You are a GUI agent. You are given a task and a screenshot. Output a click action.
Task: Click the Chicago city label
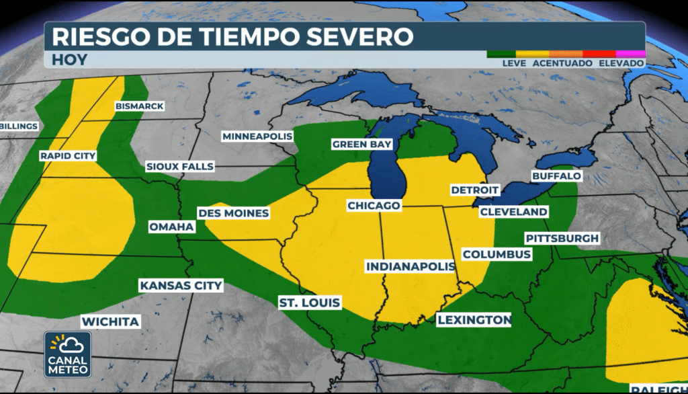(x=374, y=204)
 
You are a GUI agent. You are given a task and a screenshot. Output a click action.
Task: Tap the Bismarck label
(x=139, y=106)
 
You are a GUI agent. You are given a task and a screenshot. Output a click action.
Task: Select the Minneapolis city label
(x=258, y=136)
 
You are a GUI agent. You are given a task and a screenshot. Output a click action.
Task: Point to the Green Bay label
(x=358, y=145)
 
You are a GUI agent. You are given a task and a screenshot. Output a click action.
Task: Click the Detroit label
(x=475, y=190)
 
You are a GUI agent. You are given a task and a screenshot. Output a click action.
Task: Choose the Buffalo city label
(x=556, y=176)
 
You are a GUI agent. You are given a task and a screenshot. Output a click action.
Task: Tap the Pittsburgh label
(x=562, y=239)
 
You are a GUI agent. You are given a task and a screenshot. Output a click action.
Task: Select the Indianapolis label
(x=411, y=267)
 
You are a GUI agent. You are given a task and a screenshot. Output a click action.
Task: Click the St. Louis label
(x=310, y=303)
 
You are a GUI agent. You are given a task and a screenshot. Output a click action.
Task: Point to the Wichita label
(x=110, y=321)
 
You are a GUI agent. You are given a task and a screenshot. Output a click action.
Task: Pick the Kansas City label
(x=181, y=286)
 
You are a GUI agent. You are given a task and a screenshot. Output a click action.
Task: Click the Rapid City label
(x=68, y=156)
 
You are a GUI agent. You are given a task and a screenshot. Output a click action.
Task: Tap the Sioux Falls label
(x=179, y=166)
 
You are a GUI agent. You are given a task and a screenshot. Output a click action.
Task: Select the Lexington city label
(x=474, y=319)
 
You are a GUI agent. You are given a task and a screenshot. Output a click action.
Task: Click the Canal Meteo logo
(x=68, y=354)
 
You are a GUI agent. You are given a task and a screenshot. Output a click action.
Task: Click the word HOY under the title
(x=69, y=59)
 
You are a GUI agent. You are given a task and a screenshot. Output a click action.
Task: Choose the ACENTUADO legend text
(x=562, y=63)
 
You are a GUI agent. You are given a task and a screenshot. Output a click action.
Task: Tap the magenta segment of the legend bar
(x=631, y=53)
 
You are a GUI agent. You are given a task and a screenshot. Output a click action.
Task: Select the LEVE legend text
(x=514, y=63)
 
